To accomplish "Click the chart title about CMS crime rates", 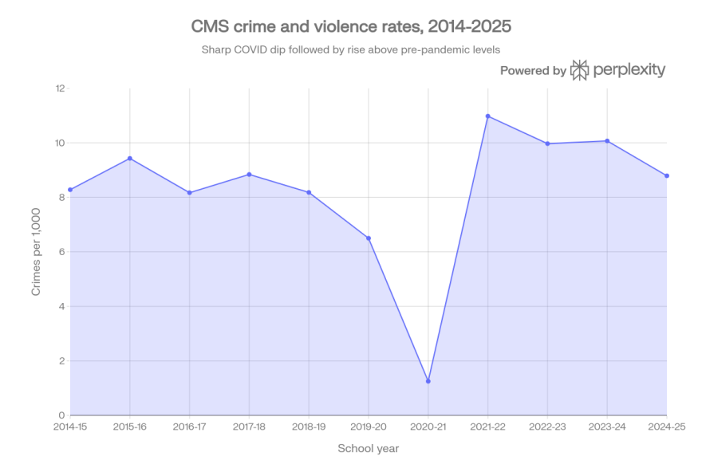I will (351, 26).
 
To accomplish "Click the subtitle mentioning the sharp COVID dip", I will (351, 49).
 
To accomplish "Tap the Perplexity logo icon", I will (580, 70).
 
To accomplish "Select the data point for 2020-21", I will (428, 375).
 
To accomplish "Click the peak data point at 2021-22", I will (488, 116).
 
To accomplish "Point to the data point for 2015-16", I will (130, 158).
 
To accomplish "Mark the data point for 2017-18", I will (250, 174).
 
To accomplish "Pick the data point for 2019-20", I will (369, 237).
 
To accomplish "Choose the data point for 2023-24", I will (607, 140).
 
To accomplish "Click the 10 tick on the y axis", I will (58, 143).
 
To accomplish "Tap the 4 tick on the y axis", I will (61, 306).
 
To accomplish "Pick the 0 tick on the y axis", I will (61, 415).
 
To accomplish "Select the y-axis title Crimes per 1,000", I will (36, 252).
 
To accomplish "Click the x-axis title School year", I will (368, 448).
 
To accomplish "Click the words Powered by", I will (533, 71).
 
